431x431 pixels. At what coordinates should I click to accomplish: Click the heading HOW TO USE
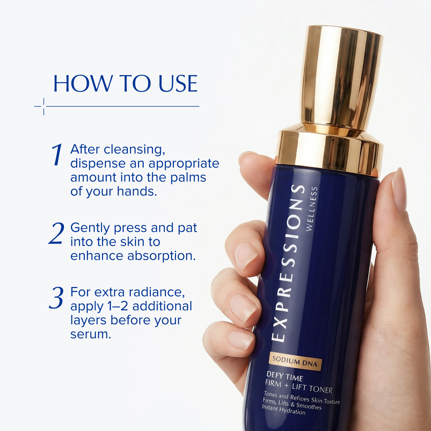[x=125, y=84]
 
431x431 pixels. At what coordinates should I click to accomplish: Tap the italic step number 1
[x=57, y=155]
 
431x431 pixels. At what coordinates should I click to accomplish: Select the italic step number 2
[x=57, y=234]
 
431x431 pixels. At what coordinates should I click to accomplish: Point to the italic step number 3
[x=56, y=298]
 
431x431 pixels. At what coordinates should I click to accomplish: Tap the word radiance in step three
[x=157, y=292]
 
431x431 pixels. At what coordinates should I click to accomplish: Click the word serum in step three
[x=91, y=334]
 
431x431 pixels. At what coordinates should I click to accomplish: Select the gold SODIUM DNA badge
[x=295, y=362]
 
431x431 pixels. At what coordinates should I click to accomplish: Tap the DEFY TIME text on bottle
[x=284, y=376]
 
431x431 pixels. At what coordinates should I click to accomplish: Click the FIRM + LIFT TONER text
[x=298, y=386]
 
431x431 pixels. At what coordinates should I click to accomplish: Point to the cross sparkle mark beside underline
[x=43, y=106]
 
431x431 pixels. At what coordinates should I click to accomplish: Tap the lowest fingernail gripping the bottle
[x=240, y=340]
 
